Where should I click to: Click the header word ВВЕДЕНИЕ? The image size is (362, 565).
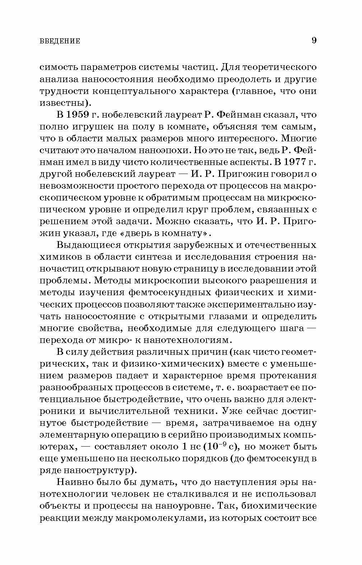pyautogui.click(x=60, y=41)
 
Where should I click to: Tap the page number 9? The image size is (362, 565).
pyautogui.click(x=314, y=40)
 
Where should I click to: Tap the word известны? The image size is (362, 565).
pyautogui.click(x=61, y=103)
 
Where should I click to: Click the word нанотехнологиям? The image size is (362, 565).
pyautogui.click(x=190, y=340)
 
